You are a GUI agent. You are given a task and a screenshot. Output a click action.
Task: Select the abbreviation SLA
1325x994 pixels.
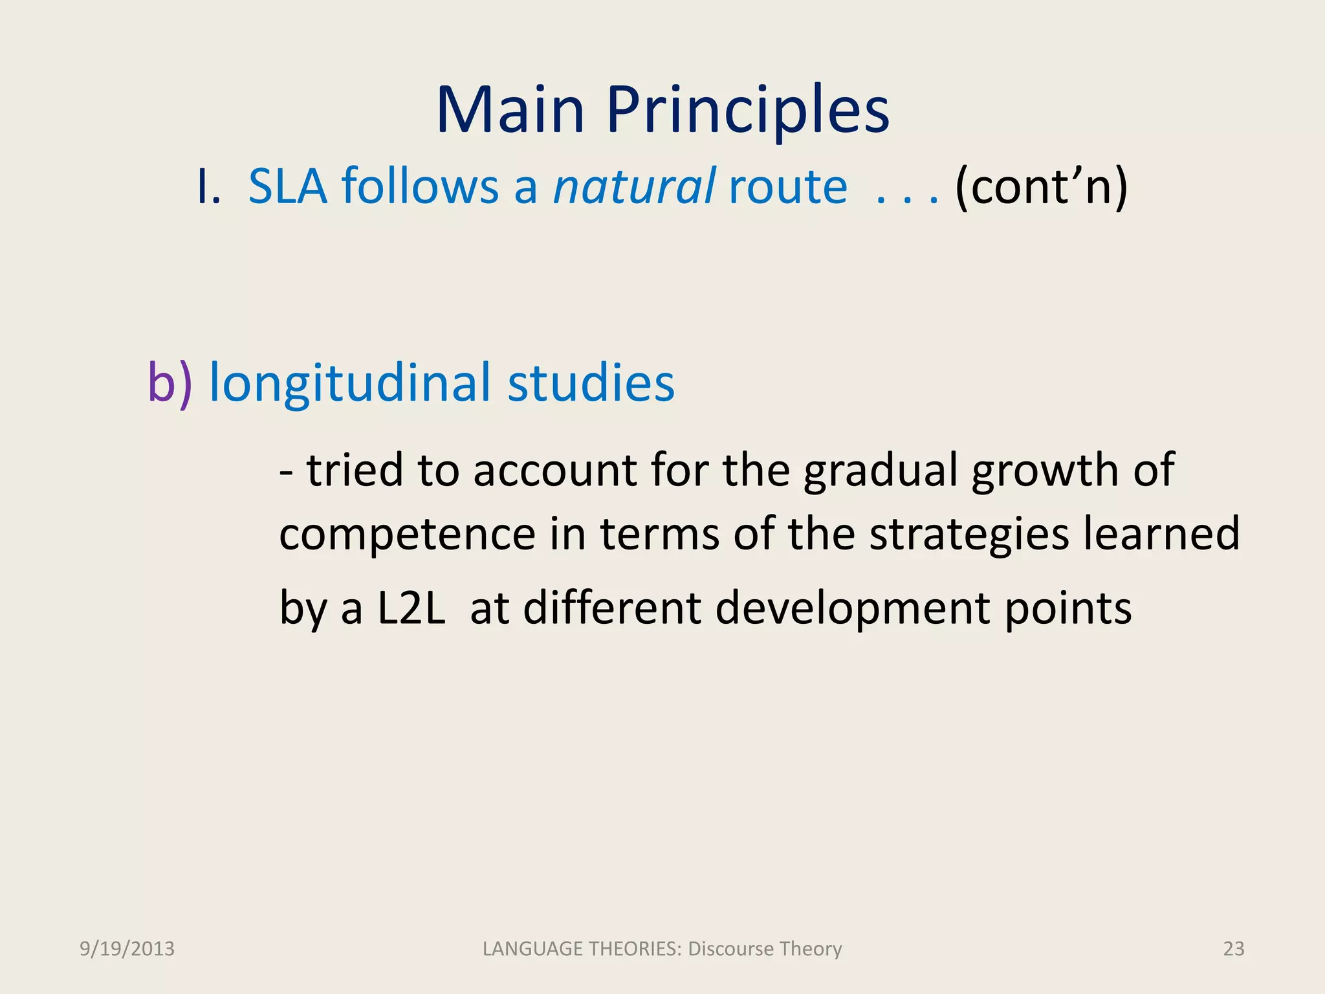click(x=288, y=186)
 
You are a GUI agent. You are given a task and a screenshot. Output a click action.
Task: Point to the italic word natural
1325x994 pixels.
click(x=634, y=186)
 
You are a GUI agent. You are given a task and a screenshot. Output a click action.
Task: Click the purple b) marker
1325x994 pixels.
click(x=170, y=383)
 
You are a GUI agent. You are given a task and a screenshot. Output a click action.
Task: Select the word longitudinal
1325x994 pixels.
click(x=349, y=383)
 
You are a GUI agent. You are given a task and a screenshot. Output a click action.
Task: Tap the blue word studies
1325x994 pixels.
click(x=591, y=383)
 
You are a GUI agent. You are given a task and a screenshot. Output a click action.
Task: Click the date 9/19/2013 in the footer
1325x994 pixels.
click(x=127, y=949)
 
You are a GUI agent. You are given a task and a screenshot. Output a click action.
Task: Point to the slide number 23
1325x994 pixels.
click(x=1233, y=949)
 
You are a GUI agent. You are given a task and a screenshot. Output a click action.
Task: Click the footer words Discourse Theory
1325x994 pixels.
click(x=765, y=949)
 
